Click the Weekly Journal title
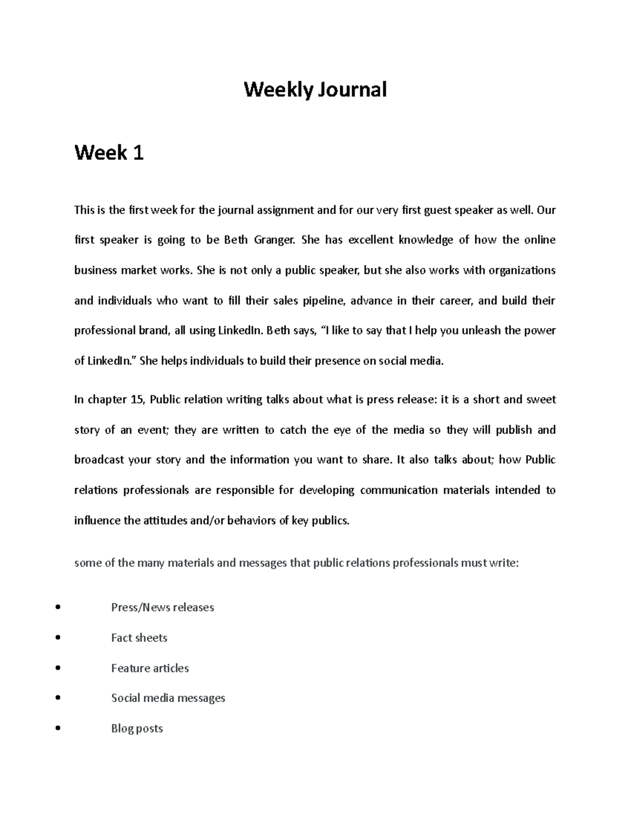(315, 89)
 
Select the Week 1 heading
(109, 153)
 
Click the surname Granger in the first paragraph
(273, 240)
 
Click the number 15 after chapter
(136, 400)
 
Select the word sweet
(541, 400)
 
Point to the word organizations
(522, 270)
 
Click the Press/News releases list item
(162, 608)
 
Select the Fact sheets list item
(139, 638)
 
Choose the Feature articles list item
(150, 668)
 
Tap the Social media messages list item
(168, 698)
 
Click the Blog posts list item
(137, 729)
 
